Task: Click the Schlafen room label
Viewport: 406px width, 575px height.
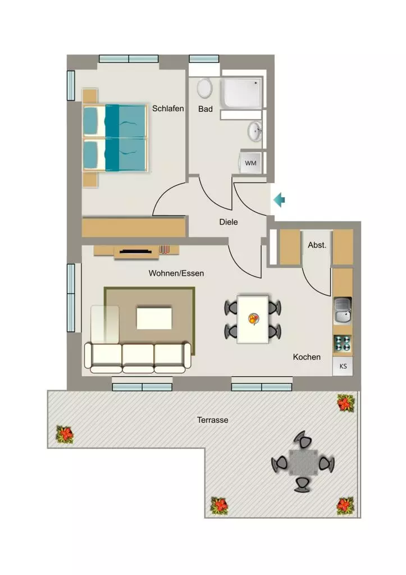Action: [x=168, y=108]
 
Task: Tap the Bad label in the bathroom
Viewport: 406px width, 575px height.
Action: [x=206, y=109]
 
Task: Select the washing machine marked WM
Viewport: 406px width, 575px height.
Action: [x=250, y=162]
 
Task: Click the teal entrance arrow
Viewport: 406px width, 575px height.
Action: [x=279, y=200]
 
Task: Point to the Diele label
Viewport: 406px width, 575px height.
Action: [x=229, y=222]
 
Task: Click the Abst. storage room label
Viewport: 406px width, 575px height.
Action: [x=317, y=245]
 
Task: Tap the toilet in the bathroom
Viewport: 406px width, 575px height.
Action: [x=204, y=88]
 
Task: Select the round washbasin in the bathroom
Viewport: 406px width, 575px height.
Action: [x=254, y=131]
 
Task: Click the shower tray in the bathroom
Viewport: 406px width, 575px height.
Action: [x=241, y=93]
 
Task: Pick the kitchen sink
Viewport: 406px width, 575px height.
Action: [x=343, y=311]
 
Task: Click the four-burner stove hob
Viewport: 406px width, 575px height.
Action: [x=343, y=344]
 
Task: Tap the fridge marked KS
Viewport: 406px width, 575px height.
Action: [x=343, y=366]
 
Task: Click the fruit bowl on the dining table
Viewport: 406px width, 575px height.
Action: [x=253, y=319]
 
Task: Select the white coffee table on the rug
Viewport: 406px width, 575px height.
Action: [x=154, y=318]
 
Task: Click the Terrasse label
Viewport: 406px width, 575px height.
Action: [x=213, y=420]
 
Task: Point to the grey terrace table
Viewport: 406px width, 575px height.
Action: [x=303, y=463]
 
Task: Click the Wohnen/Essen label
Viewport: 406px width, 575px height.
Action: [x=176, y=273]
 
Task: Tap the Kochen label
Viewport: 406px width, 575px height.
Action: [x=307, y=357]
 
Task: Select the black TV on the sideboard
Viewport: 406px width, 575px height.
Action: [x=136, y=251]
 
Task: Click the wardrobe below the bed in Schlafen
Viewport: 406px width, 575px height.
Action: [x=134, y=227]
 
